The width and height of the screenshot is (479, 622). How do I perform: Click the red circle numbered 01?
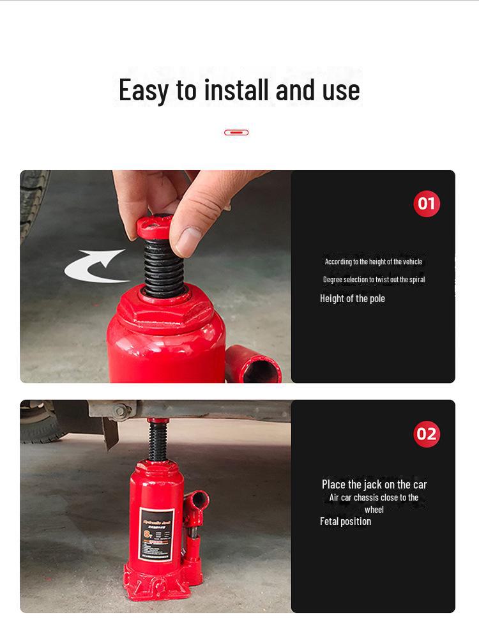click(x=427, y=204)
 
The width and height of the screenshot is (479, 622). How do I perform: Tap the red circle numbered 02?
click(x=427, y=434)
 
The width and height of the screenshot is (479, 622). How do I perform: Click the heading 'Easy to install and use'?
click(x=239, y=89)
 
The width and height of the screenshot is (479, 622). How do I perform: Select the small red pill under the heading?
click(x=236, y=132)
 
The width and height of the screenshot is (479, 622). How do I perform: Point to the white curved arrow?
click(x=95, y=266)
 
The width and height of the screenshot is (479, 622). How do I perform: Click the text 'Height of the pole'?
click(x=353, y=299)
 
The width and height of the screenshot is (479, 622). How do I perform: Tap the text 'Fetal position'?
click(x=346, y=522)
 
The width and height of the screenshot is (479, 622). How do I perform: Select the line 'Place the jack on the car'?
click(x=374, y=485)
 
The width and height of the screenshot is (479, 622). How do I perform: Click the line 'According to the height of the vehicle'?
click(x=373, y=262)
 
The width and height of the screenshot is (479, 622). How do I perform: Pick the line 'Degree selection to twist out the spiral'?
click(x=374, y=280)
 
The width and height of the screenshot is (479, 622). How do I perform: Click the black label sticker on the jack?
click(x=156, y=535)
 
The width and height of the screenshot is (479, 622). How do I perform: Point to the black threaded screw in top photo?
click(x=163, y=268)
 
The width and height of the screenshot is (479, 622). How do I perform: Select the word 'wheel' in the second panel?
click(x=374, y=510)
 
